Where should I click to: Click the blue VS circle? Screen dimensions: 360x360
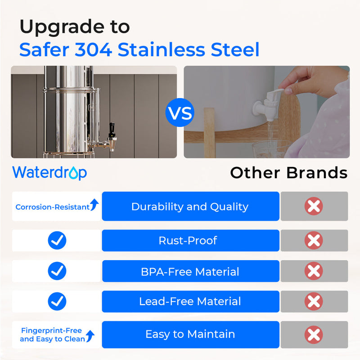(180, 112)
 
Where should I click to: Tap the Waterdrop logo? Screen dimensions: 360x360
(49, 172)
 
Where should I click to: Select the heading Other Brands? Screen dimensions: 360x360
(288, 173)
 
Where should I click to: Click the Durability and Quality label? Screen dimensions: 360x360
(190, 207)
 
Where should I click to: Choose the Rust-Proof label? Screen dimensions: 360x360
(188, 240)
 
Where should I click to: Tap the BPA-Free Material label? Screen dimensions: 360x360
(190, 271)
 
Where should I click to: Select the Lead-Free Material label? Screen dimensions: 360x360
(190, 301)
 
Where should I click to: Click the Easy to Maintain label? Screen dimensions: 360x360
(190, 334)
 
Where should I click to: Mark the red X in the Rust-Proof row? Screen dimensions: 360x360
(314, 240)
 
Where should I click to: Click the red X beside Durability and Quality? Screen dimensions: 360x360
(314, 207)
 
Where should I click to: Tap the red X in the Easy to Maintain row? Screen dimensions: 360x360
(314, 335)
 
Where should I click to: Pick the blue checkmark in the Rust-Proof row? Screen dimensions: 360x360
(57, 240)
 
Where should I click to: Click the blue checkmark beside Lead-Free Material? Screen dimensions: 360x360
(57, 301)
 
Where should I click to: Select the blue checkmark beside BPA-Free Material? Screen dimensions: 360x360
(57, 271)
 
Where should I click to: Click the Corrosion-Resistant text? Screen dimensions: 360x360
(52, 207)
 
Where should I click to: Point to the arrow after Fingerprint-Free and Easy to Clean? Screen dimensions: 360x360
(90, 336)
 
